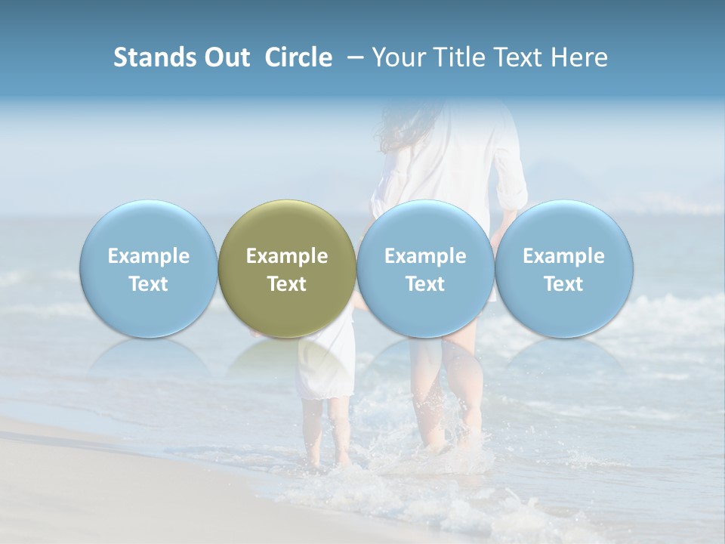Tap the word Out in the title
(x=226, y=57)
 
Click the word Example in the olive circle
(x=287, y=256)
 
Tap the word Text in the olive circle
(x=287, y=284)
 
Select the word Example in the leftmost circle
(x=148, y=256)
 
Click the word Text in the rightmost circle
(x=564, y=284)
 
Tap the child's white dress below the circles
(x=326, y=366)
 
